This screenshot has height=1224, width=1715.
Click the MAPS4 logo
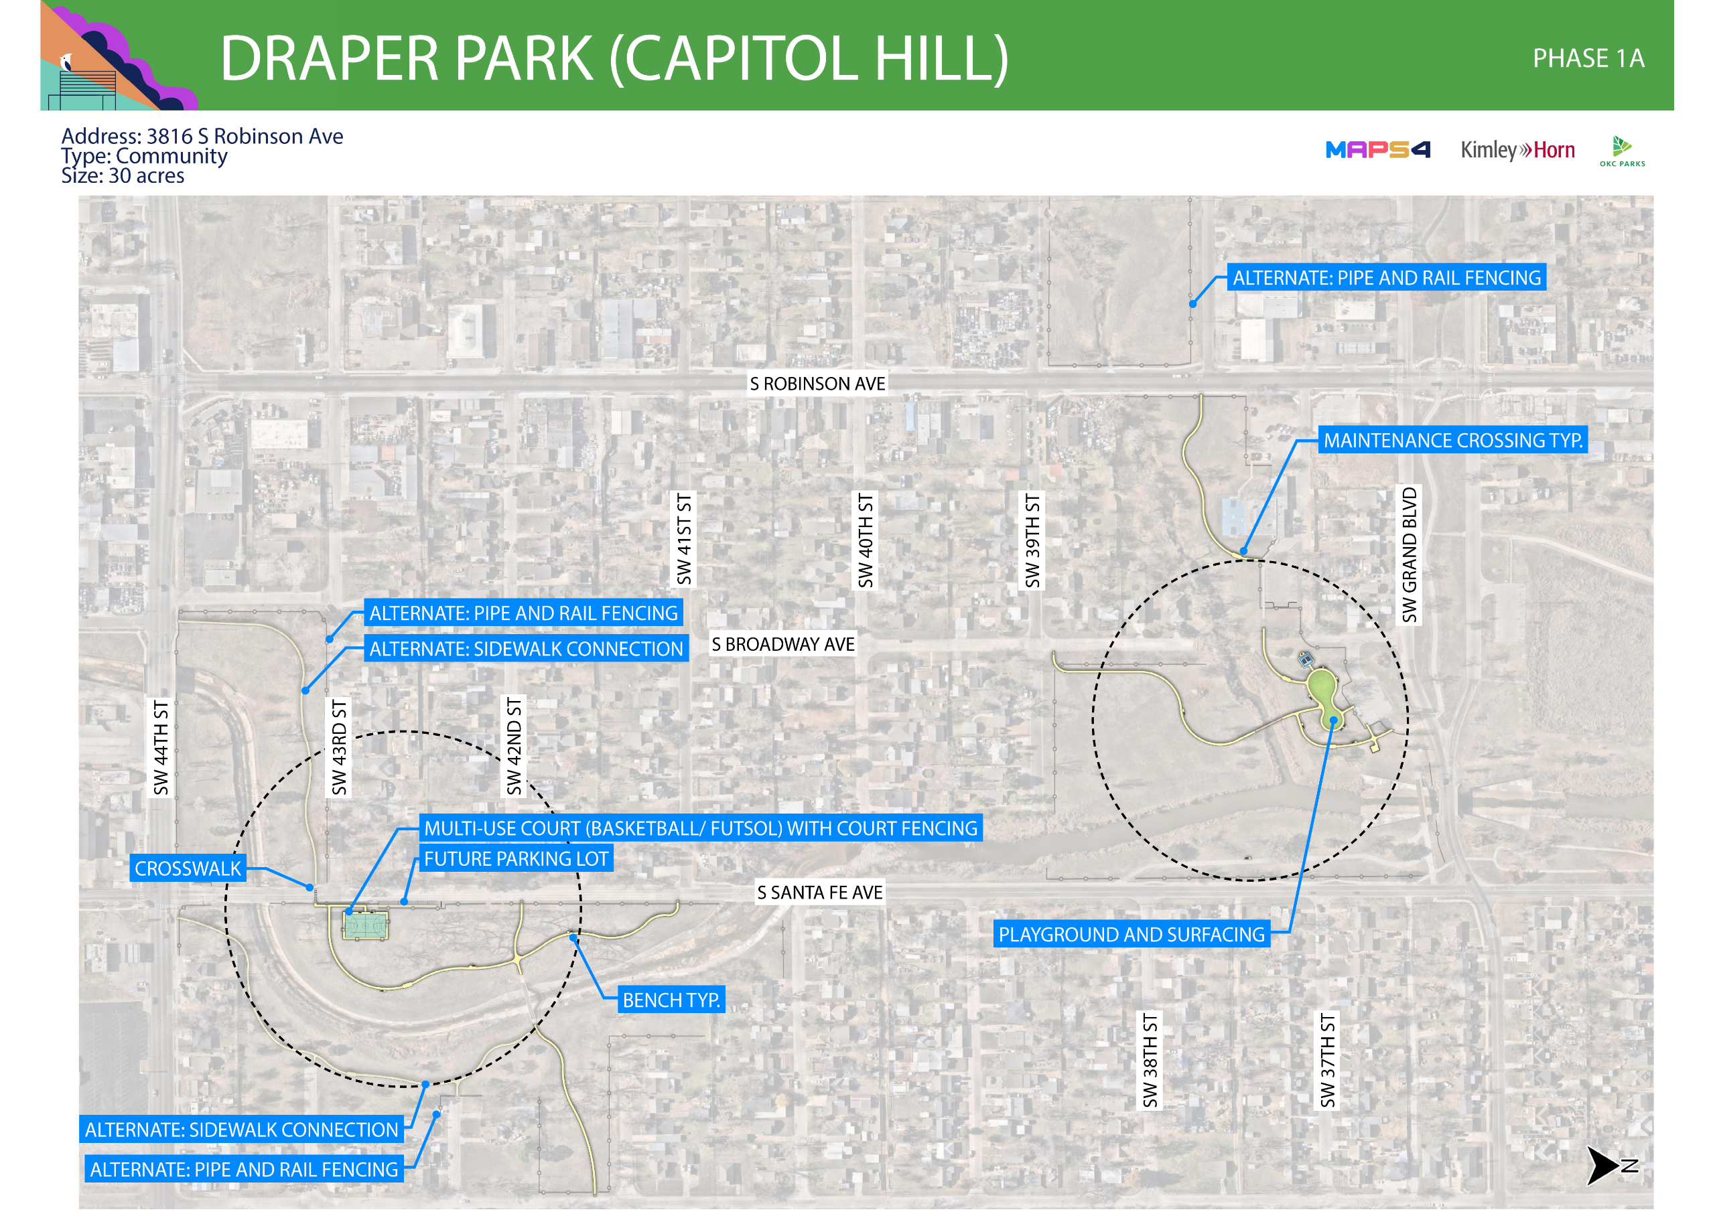coord(1377,150)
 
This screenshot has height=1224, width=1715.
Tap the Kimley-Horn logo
coord(1517,150)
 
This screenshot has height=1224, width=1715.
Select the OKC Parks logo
coord(1621,151)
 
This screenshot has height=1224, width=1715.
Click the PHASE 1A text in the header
coord(1588,59)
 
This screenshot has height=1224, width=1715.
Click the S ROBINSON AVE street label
coord(817,384)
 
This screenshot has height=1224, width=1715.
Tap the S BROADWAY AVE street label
coord(782,644)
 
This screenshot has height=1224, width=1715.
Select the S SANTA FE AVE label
coord(819,893)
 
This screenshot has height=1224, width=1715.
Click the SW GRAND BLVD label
coord(1409,554)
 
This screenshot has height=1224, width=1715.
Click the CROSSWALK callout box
coord(188,868)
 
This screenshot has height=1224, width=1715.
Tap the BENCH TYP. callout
coord(671,1000)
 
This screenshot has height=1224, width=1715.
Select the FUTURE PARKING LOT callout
coord(516,858)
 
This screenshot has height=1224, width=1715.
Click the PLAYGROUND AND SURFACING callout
coord(1131,935)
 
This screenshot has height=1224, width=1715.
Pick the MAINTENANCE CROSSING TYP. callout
coord(1452,440)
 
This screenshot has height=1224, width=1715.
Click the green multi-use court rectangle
coord(366,925)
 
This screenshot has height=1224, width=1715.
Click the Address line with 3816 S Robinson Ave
coord(202,137)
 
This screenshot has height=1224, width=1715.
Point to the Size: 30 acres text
coord(123,176)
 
